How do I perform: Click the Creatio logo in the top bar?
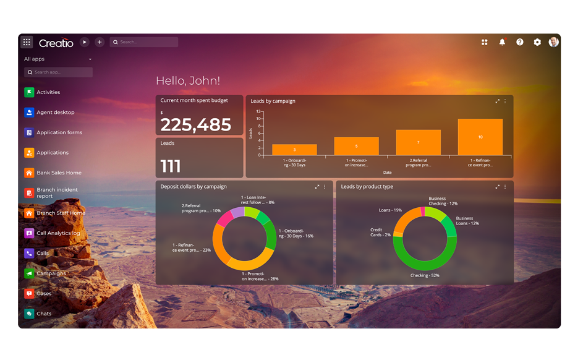coord(56,43)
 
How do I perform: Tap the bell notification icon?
coord(502,42)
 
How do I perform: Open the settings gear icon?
coord(537,42)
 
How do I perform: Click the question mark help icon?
coord(520,42)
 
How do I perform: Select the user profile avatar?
coord(553,42)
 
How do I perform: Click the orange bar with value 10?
coord(480,137)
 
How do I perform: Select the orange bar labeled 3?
coord(294,150)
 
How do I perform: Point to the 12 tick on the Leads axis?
coord(260,112)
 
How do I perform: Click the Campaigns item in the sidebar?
coord(51,273)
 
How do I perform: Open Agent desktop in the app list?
coord(55,113)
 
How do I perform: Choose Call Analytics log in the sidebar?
coord(58,233)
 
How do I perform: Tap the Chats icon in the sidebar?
coord(29,314)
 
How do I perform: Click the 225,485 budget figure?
coord(196,125)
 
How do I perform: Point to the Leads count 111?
coord(171,166)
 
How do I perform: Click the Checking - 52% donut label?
coord(425,275)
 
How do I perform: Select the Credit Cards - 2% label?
coord(380,232)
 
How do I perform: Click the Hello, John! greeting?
coord(188,81)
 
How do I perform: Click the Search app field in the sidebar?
coord(59,72)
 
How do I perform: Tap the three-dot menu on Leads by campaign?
coord(505,101)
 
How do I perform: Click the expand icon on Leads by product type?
coord(498,187)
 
